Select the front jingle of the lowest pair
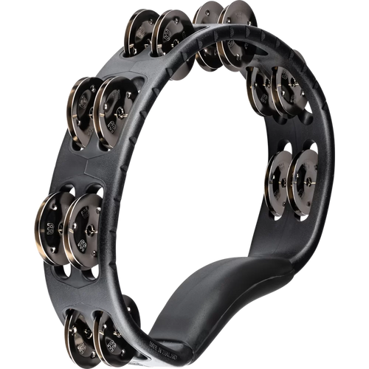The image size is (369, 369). point(114,336)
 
